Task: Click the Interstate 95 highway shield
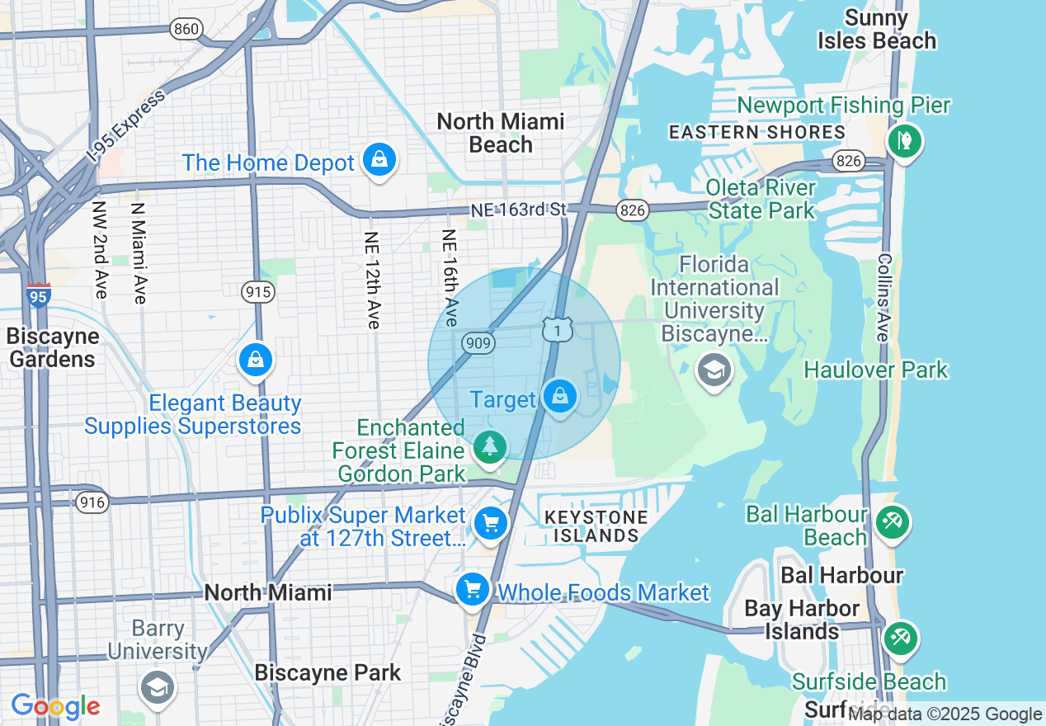pyautogui.click(x=38, y=295)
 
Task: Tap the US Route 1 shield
pyautogui.click(x=558, y=330)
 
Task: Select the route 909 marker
pyautogui.click(x=477, y=341)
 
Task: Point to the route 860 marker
pyautogui.click(x=186, y=30)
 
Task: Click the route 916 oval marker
pyautogui.click(x=92, y=502)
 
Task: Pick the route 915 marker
pyautogui.click(x=257, y=291)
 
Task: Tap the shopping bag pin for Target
pyautogui.click(x=560, y=397)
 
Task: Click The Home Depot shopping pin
pyautogui.click(x=379, y=159)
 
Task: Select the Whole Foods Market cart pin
pyautogui.click(x=473, y=590)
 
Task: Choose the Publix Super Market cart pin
pyautogui.click(x=491, y=523)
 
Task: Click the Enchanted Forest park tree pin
pyautogui.click(x=490, y=446)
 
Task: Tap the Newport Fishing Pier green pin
pyautogui.click(x=904, y=139)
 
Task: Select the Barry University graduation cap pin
pyautogui.click(x=156, y=686)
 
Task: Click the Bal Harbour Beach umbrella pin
pyautogui.click(x=892, y=522)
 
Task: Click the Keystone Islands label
pyautogui.click(x=596, y=526)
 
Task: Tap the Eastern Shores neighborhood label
pyautogui.click(x=756, y=132)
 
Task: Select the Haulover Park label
pyautogui.click(x=876, y=370)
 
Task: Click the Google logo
pyautogui.click(x=55, y=707)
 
